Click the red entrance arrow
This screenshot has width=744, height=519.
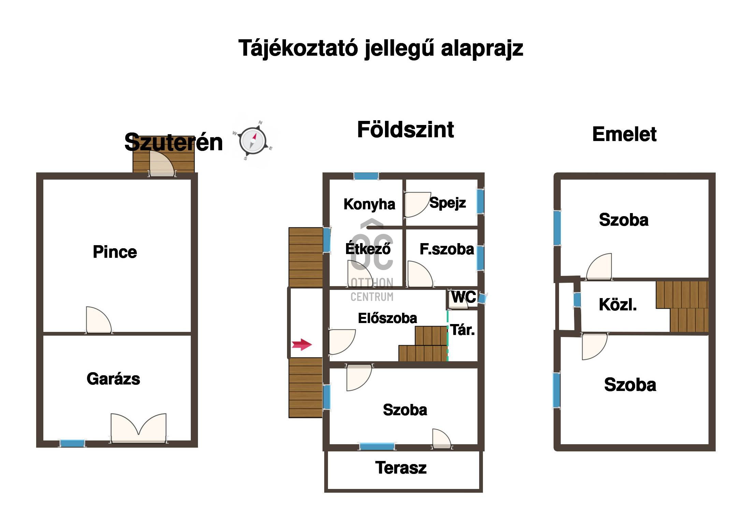302,345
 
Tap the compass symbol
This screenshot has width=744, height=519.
253,140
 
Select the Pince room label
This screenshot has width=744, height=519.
115,252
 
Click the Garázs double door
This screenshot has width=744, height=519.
139,429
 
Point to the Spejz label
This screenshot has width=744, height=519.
447,203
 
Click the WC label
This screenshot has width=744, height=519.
463,297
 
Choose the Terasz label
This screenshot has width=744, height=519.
401,468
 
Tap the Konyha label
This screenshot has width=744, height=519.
369,204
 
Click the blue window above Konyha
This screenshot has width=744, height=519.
366,176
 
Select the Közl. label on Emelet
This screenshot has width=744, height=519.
618,305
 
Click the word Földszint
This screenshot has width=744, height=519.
405,130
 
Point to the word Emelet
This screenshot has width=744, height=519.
624,134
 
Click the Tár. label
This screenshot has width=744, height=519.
462,330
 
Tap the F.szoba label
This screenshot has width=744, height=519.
447,249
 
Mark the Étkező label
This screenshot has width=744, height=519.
368,248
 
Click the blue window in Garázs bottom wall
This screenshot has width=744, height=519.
72,443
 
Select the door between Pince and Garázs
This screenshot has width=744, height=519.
99,320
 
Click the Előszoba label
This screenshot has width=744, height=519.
387,318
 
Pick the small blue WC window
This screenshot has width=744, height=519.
482,298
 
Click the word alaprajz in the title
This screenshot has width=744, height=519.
482,48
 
